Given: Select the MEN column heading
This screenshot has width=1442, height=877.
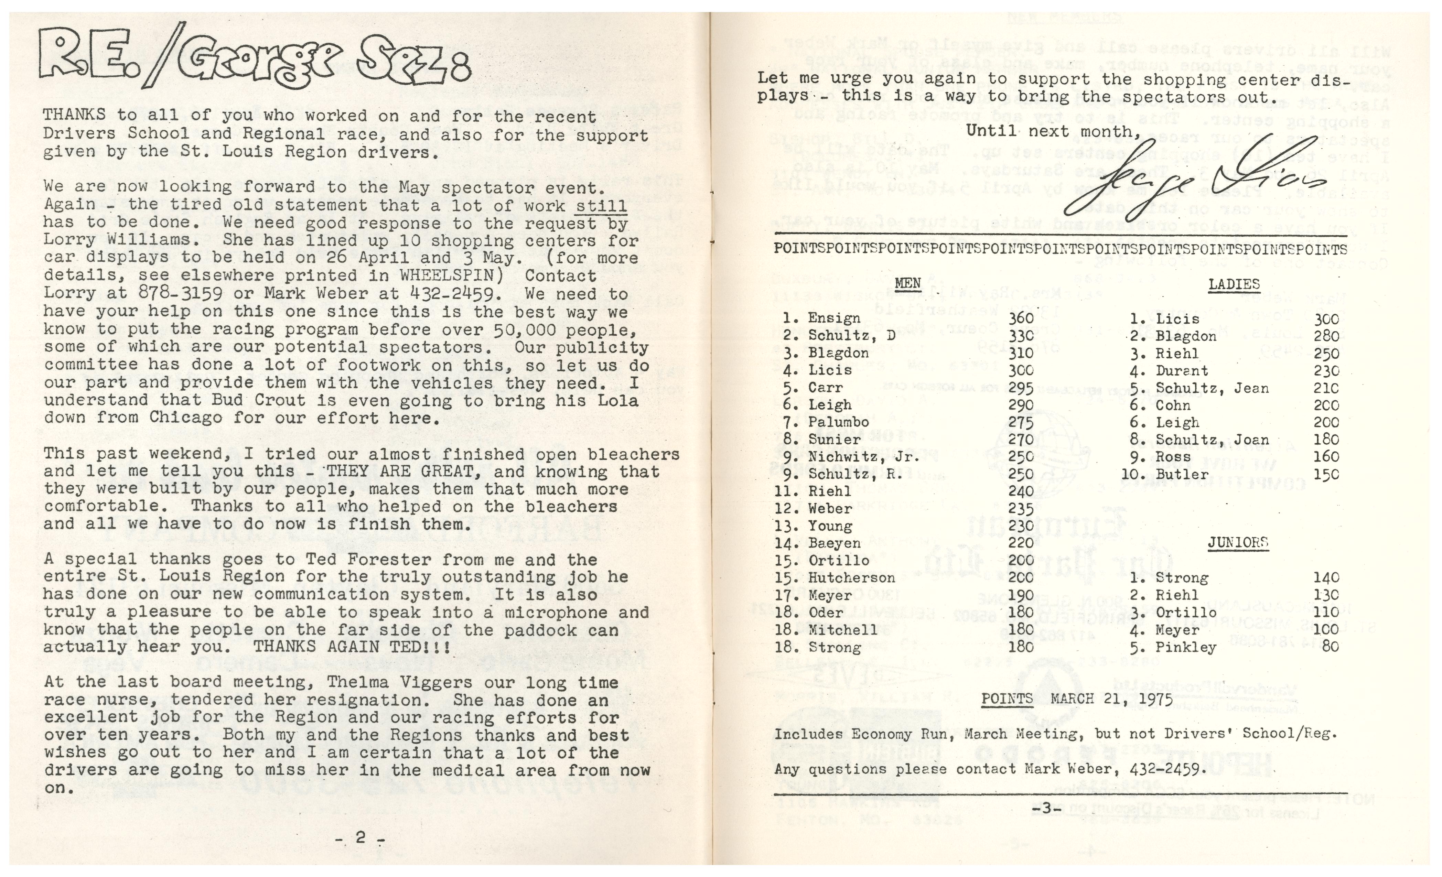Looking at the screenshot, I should coord(908,284).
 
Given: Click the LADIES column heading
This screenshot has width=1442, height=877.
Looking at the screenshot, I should coord(1234,284).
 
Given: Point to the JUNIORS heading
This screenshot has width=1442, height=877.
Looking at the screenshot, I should coord(1237,542).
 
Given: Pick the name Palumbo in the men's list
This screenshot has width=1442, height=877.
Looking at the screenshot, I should coord(839,422).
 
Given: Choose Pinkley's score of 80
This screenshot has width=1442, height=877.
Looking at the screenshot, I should coord(1330,647).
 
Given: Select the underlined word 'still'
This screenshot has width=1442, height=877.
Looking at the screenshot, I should coord(602,205).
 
